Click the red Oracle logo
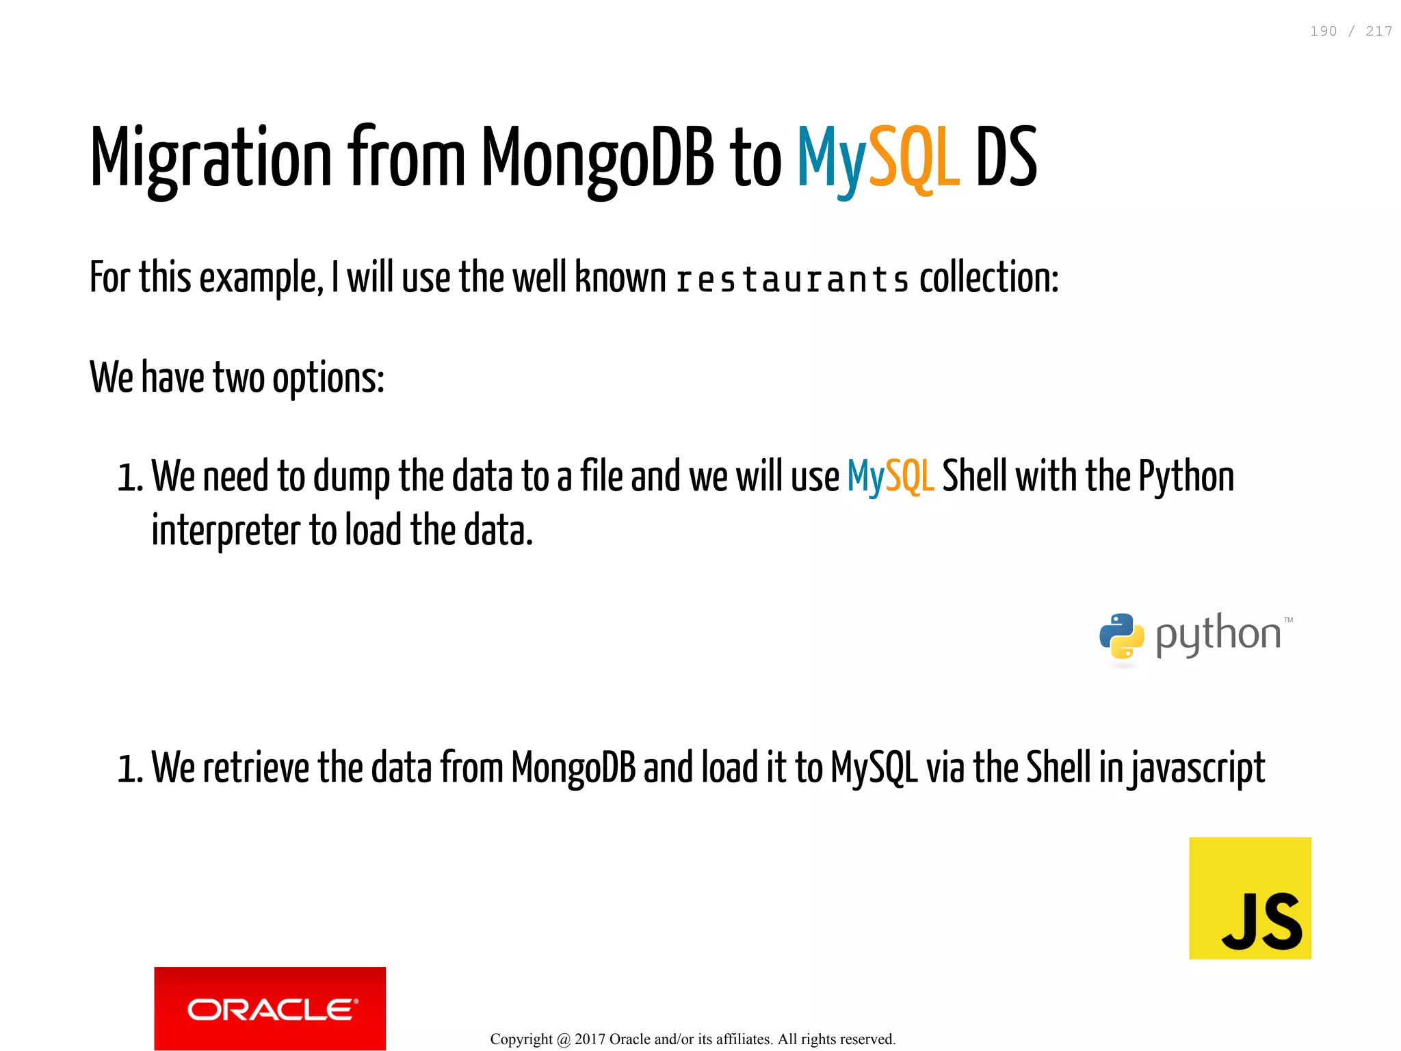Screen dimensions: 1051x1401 tap(270, 1008)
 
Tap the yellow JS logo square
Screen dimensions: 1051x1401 tap(1250, 898)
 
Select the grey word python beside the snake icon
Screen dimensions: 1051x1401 tap(1218, 635)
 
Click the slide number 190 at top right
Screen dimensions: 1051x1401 tap(1323, 31)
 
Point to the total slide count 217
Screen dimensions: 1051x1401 tap(1378, 31)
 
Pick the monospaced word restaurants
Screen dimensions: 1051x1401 tap(792, 280)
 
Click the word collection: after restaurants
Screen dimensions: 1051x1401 tap(988, 278)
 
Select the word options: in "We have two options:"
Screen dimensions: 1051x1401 tap(328, 378)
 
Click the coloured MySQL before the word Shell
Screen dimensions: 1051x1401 tap(890, 477)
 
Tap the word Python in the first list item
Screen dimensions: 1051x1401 tap(1186, 477)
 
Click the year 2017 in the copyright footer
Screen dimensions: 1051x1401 tap(590, 1039)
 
